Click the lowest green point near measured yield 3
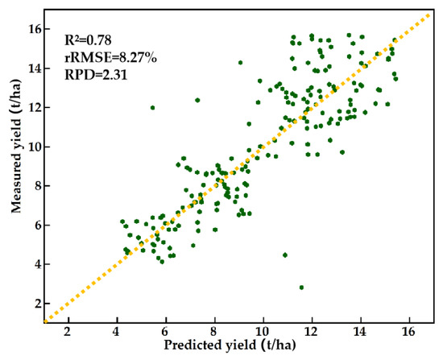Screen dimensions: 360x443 point(301,288)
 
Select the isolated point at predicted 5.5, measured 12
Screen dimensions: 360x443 point(152,108)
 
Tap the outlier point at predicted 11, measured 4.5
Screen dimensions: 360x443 point(285,255)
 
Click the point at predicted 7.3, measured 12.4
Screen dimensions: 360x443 point(197,100)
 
